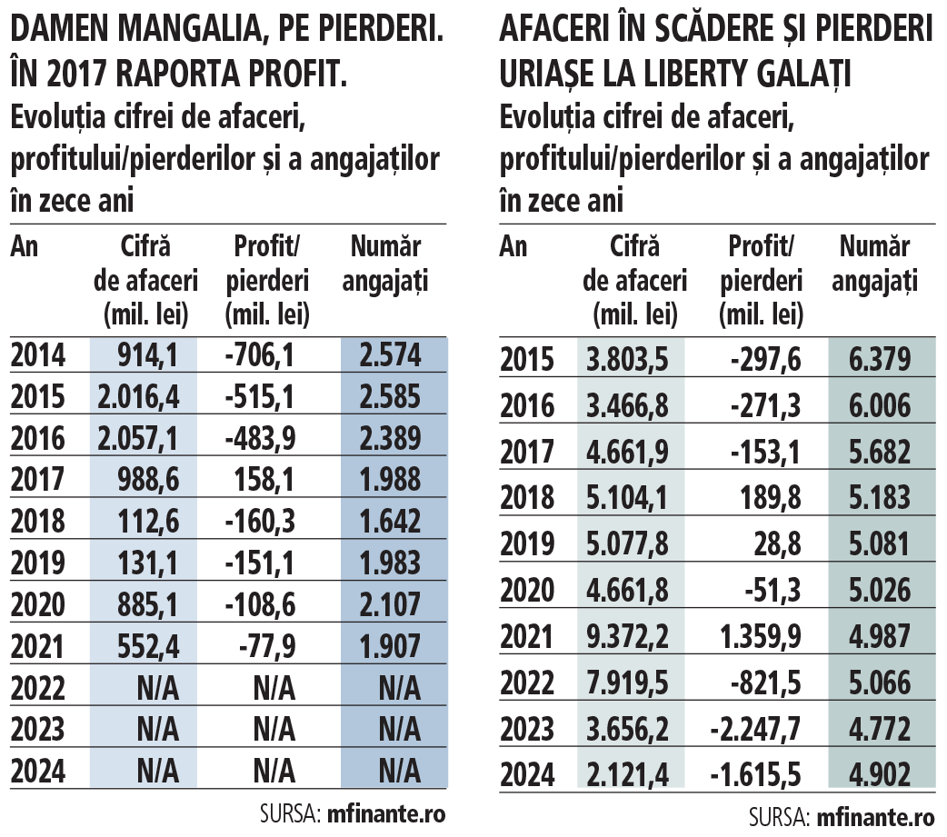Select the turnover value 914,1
tap(147, 355)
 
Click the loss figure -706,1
tap(259, 355)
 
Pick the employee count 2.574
tap(390, 355)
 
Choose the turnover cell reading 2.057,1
tap(138, 438)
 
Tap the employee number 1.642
tap(390, 521)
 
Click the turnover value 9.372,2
tap(627, 636)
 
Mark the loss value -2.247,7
tap(755, 729)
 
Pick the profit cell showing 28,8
tap(777, 544)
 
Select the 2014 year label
tap(37, 355)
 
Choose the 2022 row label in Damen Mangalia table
tap(37, 688)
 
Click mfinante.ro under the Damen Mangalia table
tap(386, 814)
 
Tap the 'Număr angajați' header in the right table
tap(874, 264)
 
